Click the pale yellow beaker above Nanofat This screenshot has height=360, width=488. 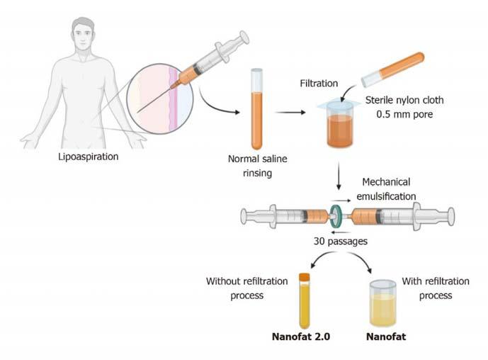383,303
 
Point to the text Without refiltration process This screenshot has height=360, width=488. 246,288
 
